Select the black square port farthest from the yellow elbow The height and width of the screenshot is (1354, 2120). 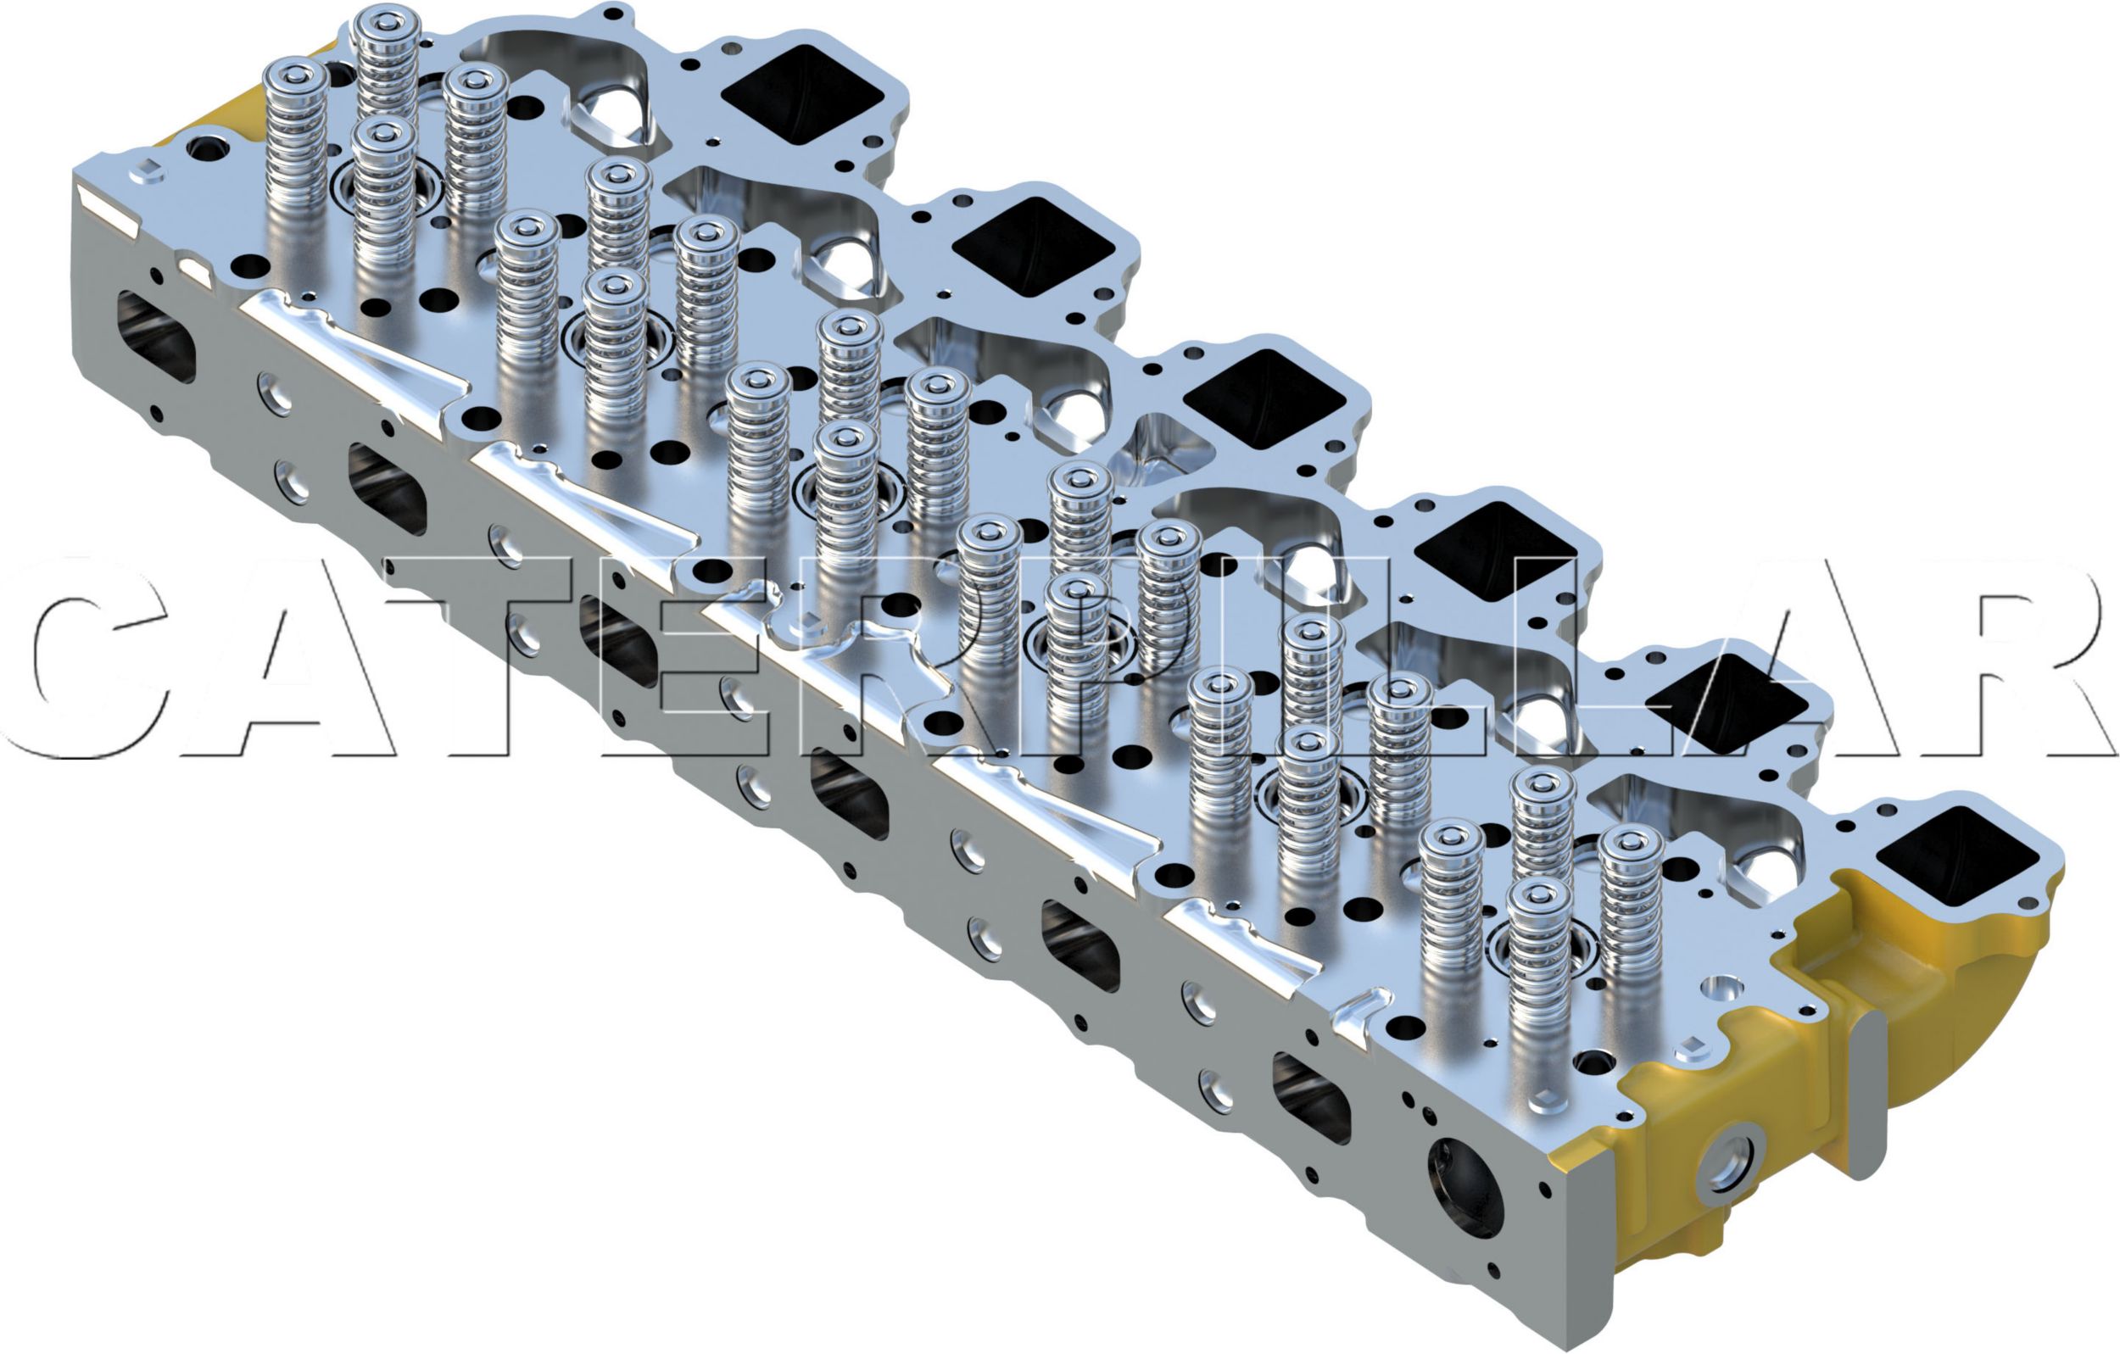click(801, 94)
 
